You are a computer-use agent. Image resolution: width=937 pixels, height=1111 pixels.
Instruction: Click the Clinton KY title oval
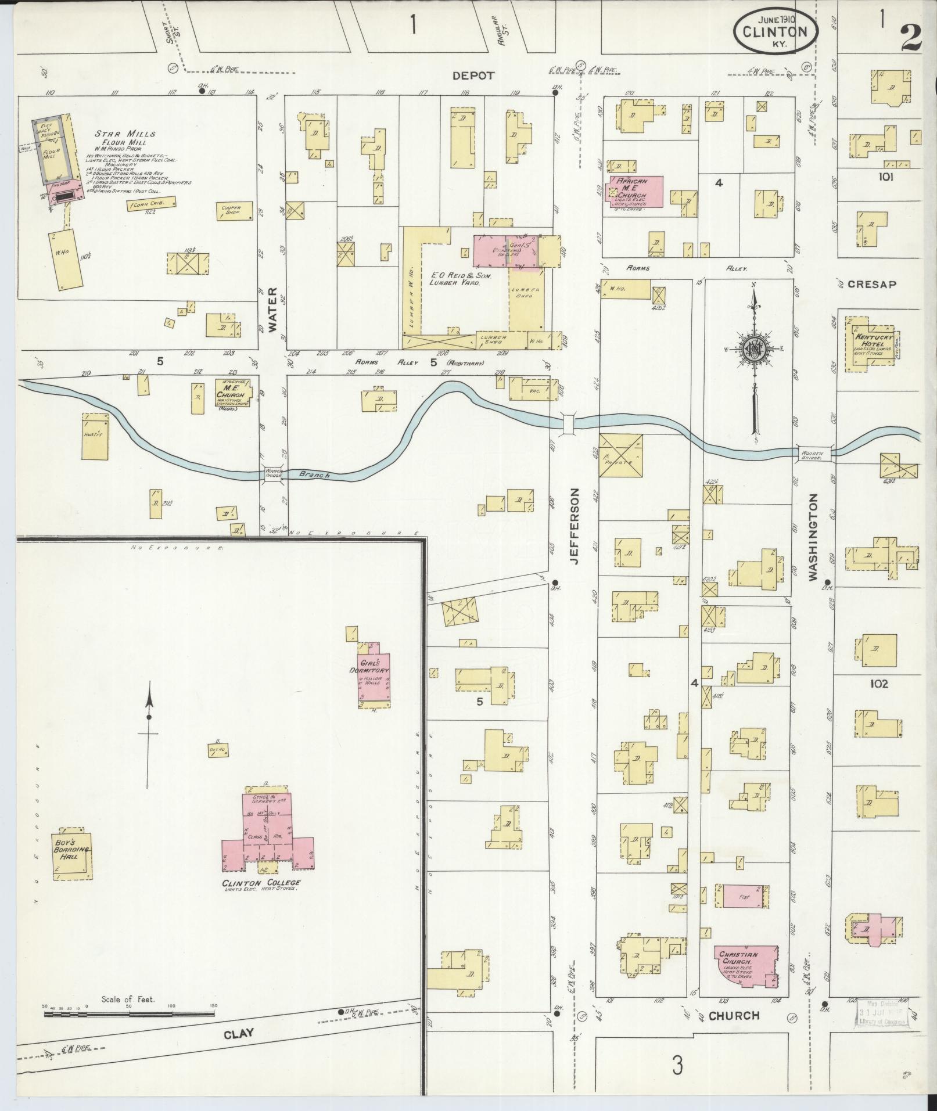coord(776,33)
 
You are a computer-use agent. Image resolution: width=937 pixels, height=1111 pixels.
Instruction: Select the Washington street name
coord(813,538)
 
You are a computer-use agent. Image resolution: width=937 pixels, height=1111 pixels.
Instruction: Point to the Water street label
coord(272,308)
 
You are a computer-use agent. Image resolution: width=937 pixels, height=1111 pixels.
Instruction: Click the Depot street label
coord(473,75)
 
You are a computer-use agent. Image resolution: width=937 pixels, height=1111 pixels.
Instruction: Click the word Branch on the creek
coord(315,475)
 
